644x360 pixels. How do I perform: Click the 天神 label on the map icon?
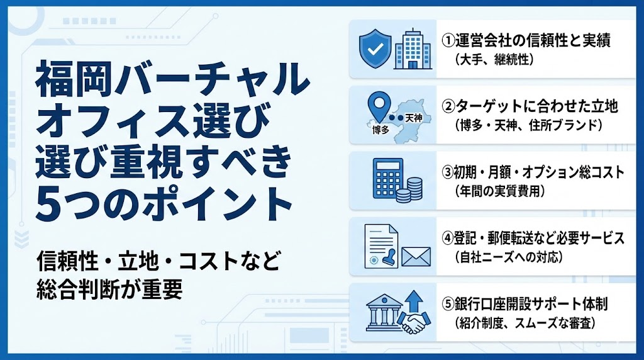(x=413, y=117)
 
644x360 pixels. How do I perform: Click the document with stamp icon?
(x=381, y=247)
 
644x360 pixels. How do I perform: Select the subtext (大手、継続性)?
(x=494, y=60)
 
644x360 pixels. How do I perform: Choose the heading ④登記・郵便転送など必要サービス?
(x=532, y=239)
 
